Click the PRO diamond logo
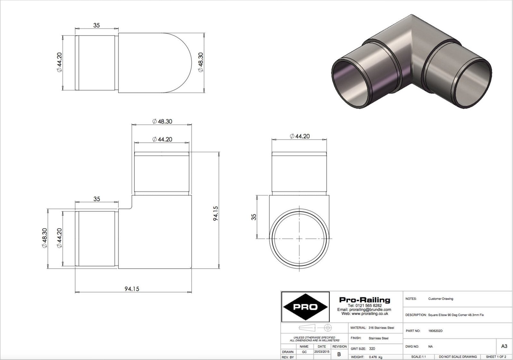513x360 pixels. (x=305, y=307)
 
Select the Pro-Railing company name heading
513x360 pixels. (x=365, y=300)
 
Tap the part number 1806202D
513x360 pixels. (x=435, y=331)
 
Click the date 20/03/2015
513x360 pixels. (x=322, y=352)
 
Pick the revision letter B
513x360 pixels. (x=339, y=354)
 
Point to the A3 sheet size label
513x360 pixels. (x=504, y=346)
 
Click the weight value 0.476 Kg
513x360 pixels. (x=375, y=357)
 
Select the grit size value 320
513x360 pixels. (x=372, y=348)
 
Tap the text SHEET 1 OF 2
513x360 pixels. (x=496, y=356)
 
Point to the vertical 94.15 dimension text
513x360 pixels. (x=215, y=213)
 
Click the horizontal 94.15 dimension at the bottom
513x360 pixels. (x=132, y=289)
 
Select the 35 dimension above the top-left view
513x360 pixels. (x=97, y=25)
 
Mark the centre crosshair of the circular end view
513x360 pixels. (x=299, y=239)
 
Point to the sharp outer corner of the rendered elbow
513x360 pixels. (x=411, y=15)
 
